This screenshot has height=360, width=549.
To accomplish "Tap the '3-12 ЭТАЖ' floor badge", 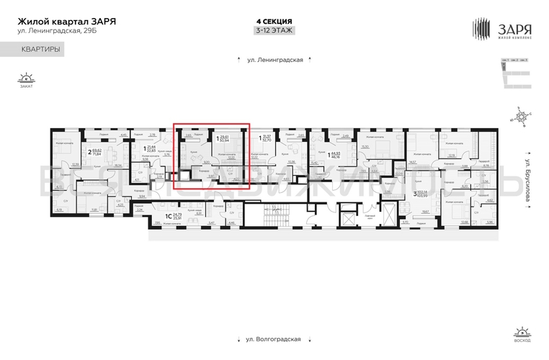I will click(274, 30).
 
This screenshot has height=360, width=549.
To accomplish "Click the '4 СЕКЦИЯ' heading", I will click(274, 21).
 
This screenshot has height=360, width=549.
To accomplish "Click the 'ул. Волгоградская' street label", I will click(274, 338).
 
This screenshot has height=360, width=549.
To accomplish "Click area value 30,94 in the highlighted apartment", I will click(224, 140).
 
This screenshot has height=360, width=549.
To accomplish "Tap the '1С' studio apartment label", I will click(169, 215).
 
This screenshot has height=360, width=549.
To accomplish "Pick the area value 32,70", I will click(269, 140).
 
